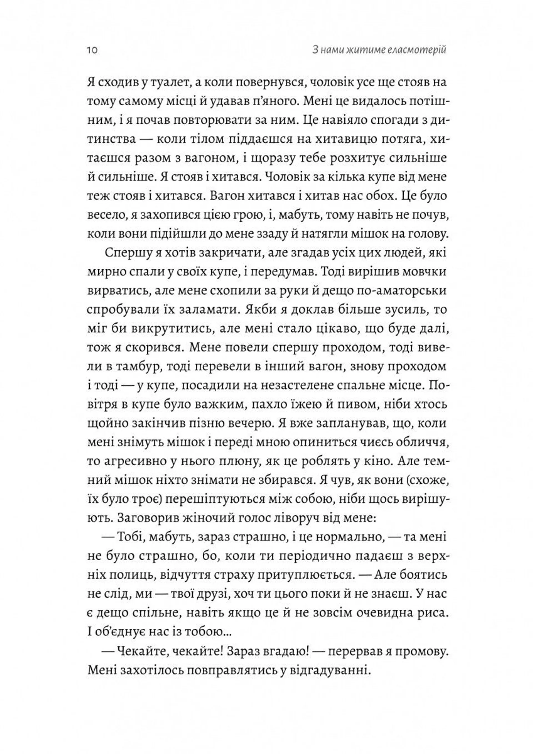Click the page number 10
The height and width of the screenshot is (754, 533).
click(92, 51)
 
